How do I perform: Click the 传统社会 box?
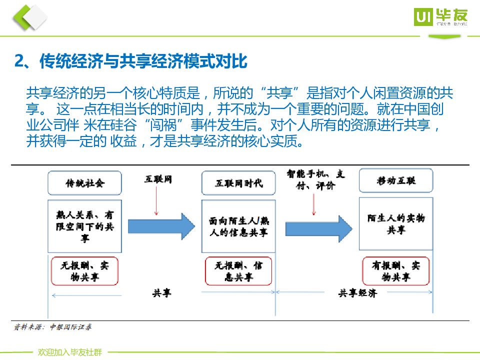point(85,183)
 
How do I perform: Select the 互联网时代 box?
point(238,183)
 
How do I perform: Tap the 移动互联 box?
point(396,180)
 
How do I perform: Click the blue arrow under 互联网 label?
point(161,226)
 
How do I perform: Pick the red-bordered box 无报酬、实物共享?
point(85,270)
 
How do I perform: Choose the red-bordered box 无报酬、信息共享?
point(238,270)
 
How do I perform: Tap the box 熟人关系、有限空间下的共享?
point(85,226)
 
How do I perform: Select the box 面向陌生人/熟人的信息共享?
point(238,226)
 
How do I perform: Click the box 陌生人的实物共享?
point(396,223)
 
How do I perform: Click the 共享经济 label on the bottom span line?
point(357,293)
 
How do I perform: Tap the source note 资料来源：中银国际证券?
point(52,327)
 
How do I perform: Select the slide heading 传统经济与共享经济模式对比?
point(131,61)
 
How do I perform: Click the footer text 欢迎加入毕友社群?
point(69,352)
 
